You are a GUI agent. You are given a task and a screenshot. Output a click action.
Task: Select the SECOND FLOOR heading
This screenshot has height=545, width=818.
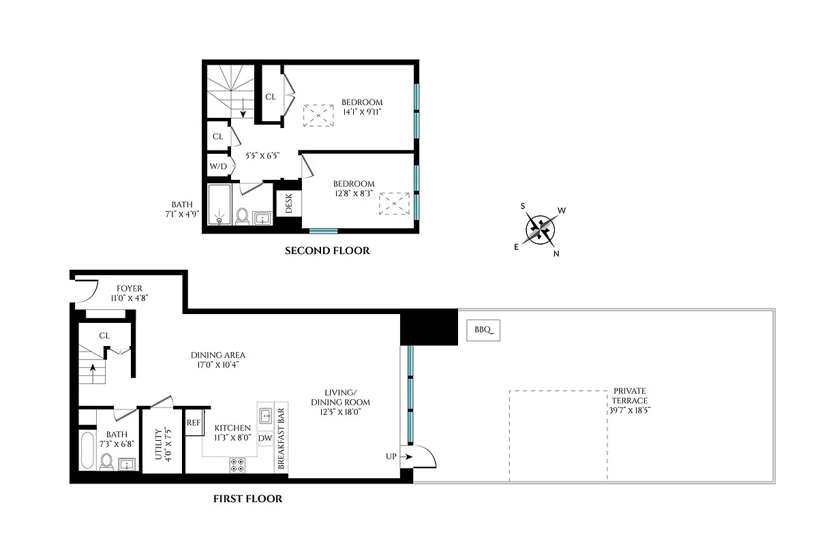[x=327, y=251]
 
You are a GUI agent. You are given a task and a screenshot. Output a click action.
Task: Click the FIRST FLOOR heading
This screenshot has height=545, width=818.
[x=247, y=499]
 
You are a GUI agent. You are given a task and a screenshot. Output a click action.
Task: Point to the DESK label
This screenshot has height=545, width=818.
[x=288, y=203]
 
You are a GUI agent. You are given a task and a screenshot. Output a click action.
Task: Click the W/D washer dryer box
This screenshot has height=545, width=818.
[x=218, y=166]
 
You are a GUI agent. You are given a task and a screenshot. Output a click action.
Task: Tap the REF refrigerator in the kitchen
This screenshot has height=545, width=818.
[x=194, y=422]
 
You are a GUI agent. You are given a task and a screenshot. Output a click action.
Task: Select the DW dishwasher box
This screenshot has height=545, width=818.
[x=265, y=438]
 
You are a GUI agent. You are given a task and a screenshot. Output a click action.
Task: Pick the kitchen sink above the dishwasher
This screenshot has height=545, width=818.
[x=265, y=415]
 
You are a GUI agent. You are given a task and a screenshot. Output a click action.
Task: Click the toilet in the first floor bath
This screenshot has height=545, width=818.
[x=106, y=463]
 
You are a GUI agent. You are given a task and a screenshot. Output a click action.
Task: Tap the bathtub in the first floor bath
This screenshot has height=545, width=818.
[x=87, y=450]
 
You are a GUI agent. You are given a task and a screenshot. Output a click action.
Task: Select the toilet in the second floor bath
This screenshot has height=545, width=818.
[x=241, y=216]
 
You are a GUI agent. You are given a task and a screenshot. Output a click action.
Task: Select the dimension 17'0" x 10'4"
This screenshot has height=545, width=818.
[x=218, y=365]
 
